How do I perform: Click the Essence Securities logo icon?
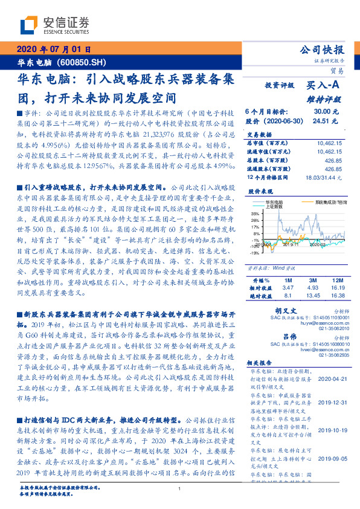(28, 24)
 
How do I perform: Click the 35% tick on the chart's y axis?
(254, 213)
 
